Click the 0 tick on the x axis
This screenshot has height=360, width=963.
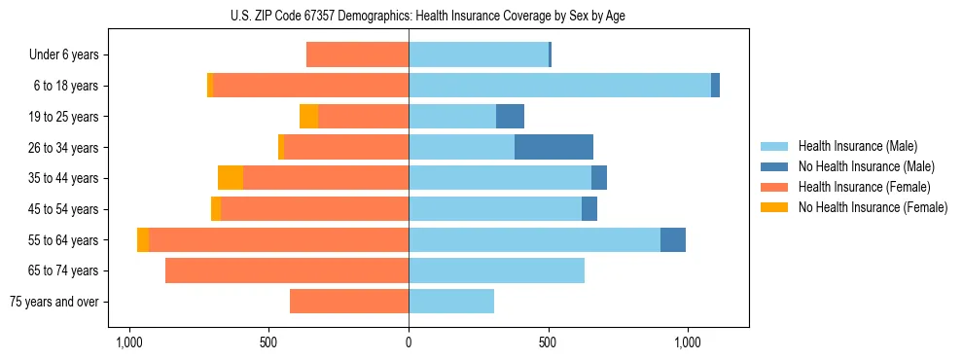click(x=409, y=342)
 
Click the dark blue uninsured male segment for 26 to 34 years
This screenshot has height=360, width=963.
click(x=553, y=147)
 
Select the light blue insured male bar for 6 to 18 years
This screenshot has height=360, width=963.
click(x=559, y=86)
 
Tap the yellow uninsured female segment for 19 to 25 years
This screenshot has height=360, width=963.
click(x=308, y=117)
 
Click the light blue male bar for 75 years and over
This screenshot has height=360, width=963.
click(x=451, y=302)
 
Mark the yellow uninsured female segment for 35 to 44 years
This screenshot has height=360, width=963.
click(x=231, y=178)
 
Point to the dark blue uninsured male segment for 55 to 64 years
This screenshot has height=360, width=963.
click(x=673, y=239)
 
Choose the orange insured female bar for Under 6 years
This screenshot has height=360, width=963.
click(x=357, y=54)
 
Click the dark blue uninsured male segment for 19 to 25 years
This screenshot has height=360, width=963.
click(x=510, y=117)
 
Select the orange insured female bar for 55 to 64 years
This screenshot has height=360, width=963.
click(x=278, y=239)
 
